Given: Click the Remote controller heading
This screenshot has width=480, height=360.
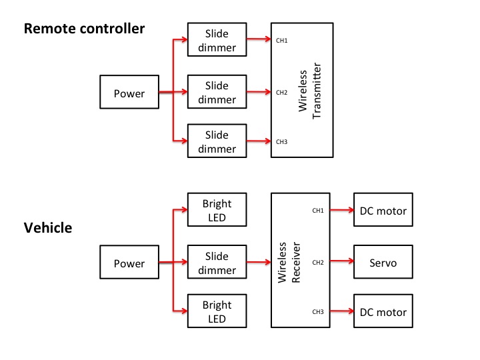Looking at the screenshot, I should tap(84, 29).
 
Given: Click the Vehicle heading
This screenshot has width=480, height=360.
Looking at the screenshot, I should tap(48, 228).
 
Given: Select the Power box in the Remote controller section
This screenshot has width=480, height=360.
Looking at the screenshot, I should tap(129, 93).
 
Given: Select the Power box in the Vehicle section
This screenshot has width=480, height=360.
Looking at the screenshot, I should tap(129, 263).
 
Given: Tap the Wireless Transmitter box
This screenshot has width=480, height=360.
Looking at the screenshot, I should tap(301, 91).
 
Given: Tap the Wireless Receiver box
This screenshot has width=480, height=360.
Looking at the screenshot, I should tap(301, 261).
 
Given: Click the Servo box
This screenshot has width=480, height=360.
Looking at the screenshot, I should tap(383, 263).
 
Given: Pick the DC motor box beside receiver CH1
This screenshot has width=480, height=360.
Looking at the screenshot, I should tap(383, 211).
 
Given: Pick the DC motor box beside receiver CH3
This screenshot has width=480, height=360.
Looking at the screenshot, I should tap(383, 312).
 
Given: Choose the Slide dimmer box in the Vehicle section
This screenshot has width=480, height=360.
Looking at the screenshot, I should tap(217, 263).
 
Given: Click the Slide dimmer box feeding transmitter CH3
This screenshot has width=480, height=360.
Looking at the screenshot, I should tap(217, 141).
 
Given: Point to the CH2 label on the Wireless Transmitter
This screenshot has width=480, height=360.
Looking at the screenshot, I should tap(281, 92).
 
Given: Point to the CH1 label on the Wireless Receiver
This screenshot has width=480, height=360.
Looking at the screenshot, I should tap(318, 211).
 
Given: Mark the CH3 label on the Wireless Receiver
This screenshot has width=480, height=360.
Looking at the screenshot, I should tap(318, 311).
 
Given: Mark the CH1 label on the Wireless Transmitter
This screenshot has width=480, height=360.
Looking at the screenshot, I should tap(281, 41).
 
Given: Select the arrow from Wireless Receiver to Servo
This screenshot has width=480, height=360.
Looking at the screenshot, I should tap(342, 262).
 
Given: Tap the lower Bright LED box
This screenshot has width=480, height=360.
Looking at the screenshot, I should tap(217, 312).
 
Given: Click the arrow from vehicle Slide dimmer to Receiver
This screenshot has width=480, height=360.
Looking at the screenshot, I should tap(259, 262).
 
